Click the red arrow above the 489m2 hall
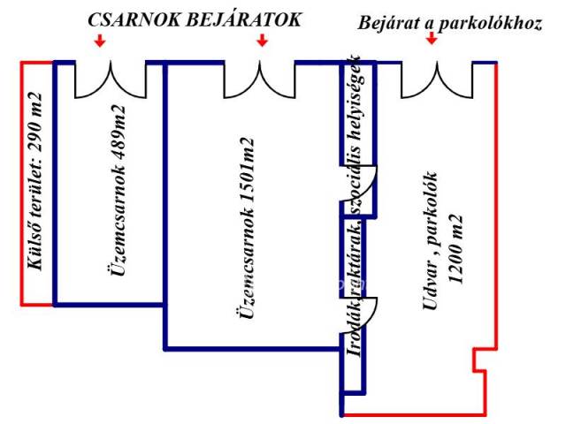tap(101, 42)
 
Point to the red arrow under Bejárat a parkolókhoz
tap(431, 38)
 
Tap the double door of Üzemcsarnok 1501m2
tap(260, 80)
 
